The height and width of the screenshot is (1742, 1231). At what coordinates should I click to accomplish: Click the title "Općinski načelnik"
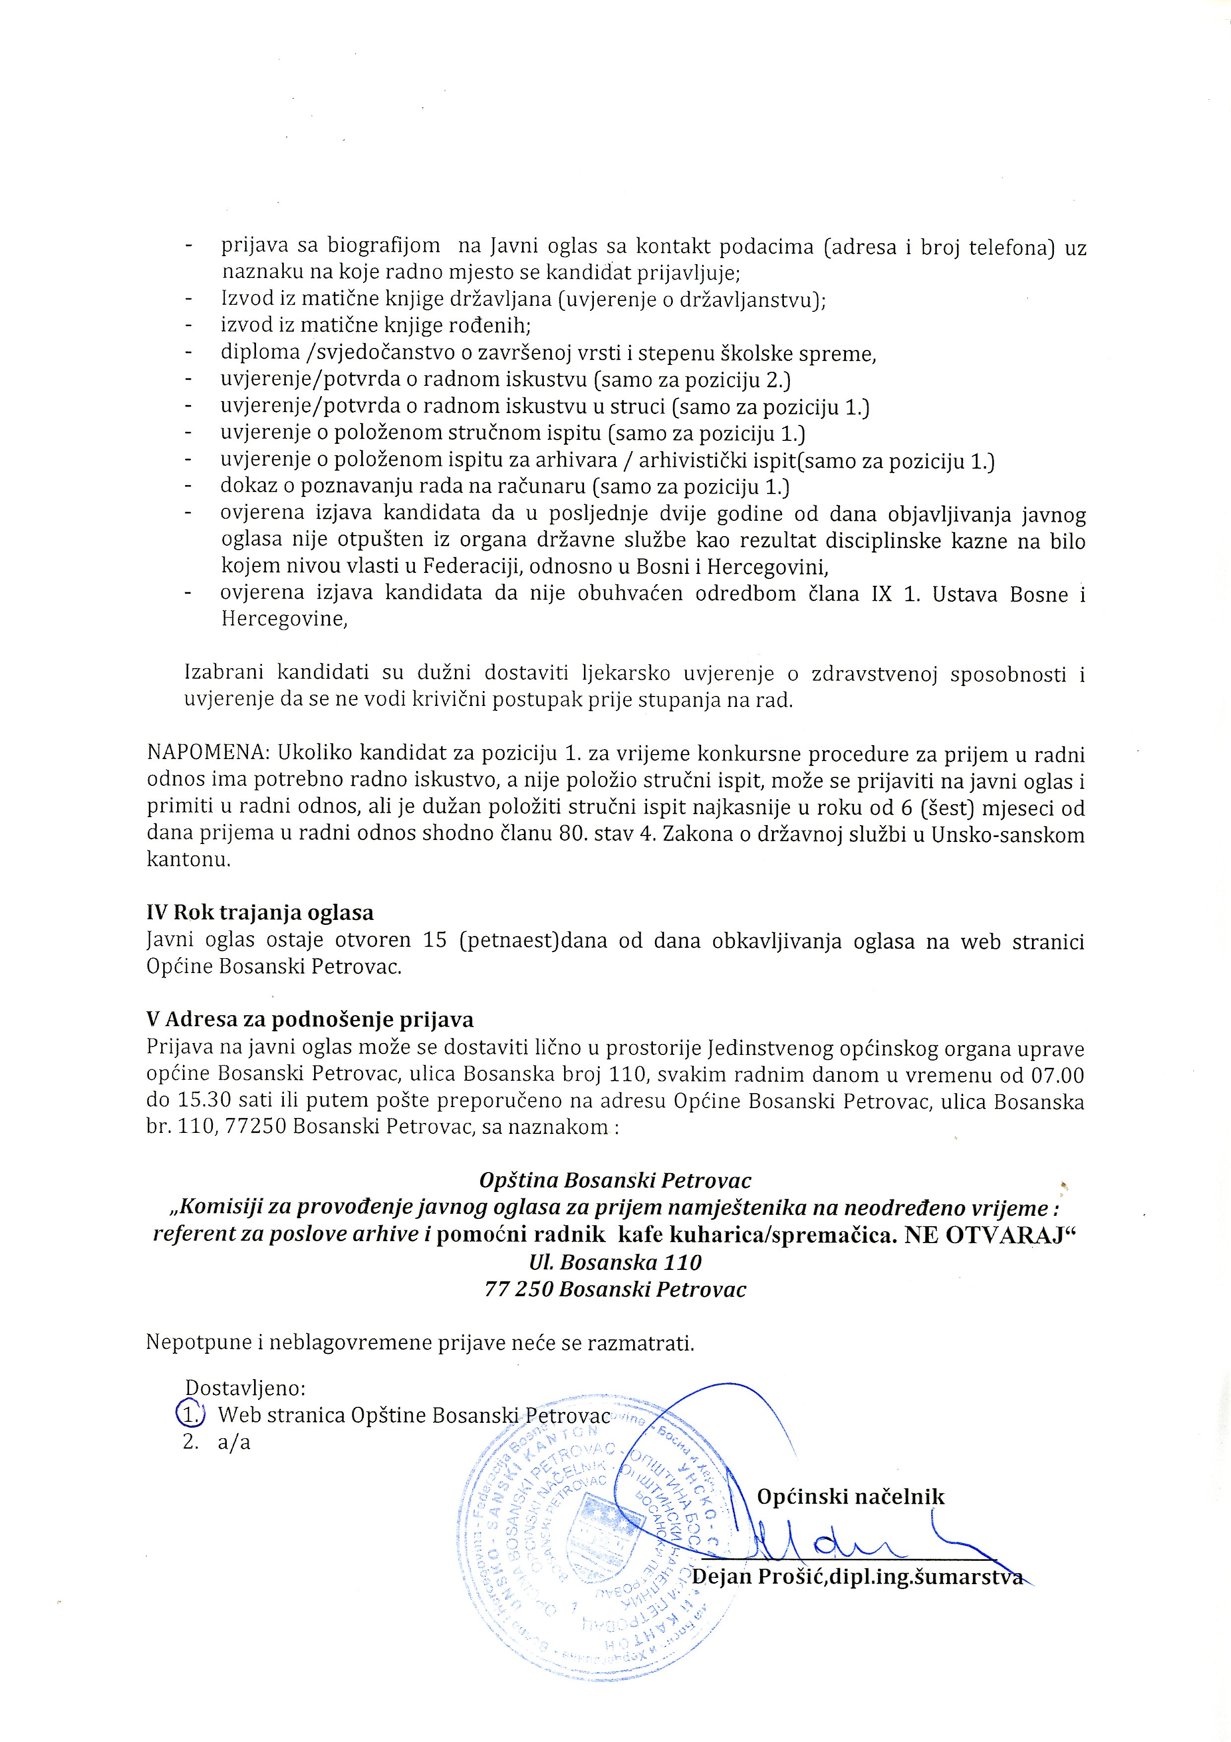(851, 1496)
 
